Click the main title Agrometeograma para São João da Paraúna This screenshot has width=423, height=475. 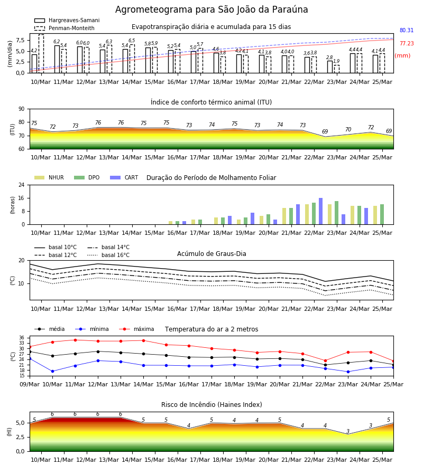pyautogui.click(x=212, y=9)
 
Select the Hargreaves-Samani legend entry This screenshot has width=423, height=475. pyautogui.click(x=67, y=20)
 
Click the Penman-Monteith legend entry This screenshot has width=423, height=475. pyautogui.click(x=65, y=28)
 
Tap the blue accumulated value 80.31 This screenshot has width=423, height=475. pyautogui.click(x=407, y=30)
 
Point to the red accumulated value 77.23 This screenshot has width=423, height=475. pyautogui.click(x=407, y=44)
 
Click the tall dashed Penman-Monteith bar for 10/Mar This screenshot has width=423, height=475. pyautogui.click(x=41, y=54)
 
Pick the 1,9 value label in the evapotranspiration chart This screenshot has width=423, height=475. pyautogui.click(x=336, y=61)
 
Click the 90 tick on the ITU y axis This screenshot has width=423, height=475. pyautogui.click(x=22, y=109)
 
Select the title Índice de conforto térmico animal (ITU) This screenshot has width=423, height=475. pyautogui.click(x=211, y=102)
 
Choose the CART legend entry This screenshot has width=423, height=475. pyautogui.click(x=124, y=177)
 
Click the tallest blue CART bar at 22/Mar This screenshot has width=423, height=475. pyautogui.click(x=321, y=211)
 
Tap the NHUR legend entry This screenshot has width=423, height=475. pyautogui.click(x=49, y=177)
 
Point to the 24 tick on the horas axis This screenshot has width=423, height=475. pyautogui.click(x=22, y=185)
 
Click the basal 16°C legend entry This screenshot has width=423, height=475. pyautogui.click(x=108, y=255)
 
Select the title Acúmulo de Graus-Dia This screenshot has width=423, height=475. pyautogui.click(x=212, y=254)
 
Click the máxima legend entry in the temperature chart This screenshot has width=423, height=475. pyautogui.click(x=136, y=329)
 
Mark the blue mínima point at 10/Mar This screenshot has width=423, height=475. pyautogui.click(x=52, y=372)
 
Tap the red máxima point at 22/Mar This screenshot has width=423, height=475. pyautogui.click(x=325, y=361)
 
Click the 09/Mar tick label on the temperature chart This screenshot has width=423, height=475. pyautogui.click(x=30, y=384)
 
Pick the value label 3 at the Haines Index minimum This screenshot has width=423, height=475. pyautogui.click(x=348, y=431)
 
